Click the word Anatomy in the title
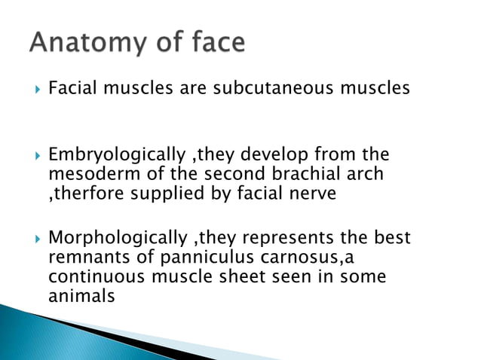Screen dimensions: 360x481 pos(89,44)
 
